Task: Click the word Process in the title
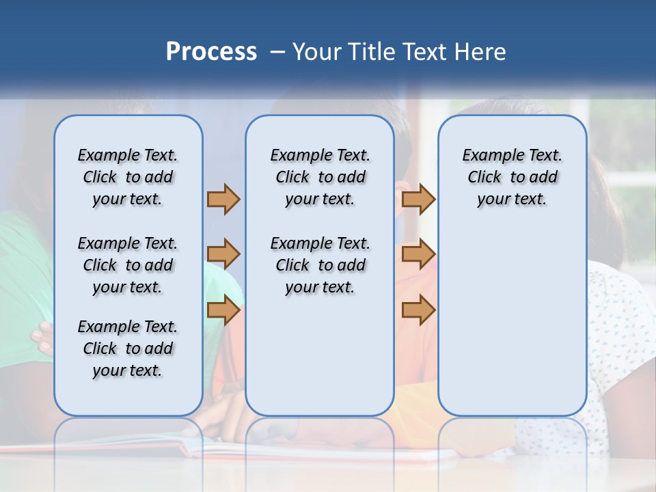(211, 52)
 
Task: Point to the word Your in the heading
(317, 52)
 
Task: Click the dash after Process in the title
(277, 53)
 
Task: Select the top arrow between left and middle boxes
(223, 199)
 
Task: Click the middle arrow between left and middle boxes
(223, 254)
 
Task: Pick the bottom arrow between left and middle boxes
(223, 310)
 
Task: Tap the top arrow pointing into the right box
(418, 199)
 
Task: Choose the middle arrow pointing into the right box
(418, 254)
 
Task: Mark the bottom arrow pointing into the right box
(418, 310)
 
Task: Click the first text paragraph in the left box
(128, 177)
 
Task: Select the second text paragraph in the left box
(128, 265)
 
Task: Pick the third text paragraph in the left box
(128, 348)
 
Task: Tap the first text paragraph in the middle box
(320, 177)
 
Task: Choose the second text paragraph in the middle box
(320, 265)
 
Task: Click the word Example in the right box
(489, 156)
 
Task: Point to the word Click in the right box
(484, 178)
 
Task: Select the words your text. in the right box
(512, 200)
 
